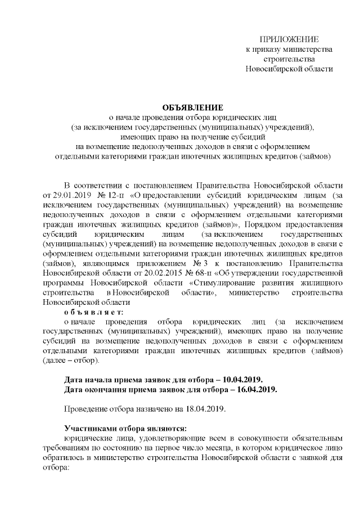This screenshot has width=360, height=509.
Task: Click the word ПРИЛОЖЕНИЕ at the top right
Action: pos(289,39)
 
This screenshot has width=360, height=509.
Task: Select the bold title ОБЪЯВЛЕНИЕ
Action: pos(193,107)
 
